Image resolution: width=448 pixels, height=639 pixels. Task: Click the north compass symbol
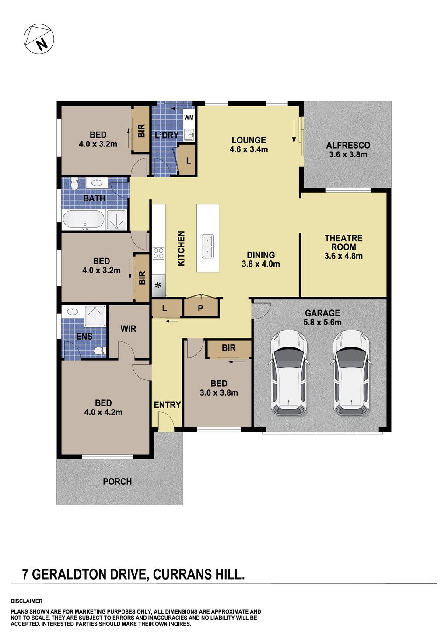tap(38, 39)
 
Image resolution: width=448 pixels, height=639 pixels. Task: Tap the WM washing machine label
tap(189, 118)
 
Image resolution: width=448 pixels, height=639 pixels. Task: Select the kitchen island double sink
tap(207, 247)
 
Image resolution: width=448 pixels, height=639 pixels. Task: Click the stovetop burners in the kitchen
tap(158, 253)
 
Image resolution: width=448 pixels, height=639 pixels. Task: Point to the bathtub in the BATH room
tap(84, 220)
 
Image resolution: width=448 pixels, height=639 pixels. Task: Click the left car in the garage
tap(289, 372)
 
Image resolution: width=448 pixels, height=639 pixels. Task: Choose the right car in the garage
tap(351, 372)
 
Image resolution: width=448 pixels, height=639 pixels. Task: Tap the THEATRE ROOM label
tap(343, 243)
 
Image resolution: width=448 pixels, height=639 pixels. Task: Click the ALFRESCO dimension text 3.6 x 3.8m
tap(348, 155)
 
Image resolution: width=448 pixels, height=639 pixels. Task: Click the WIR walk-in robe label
tap(128, 329)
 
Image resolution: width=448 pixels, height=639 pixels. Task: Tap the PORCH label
tap(117, 482)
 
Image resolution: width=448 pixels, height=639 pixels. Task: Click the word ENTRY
tap(167, 405)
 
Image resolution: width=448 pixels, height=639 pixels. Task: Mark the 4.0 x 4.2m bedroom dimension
tap(103, 412)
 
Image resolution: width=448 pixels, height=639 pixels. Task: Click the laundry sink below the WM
tap(189, 134)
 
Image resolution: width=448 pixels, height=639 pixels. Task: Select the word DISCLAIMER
tap(27, 601)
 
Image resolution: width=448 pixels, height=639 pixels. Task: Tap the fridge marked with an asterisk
tap(158, 285)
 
